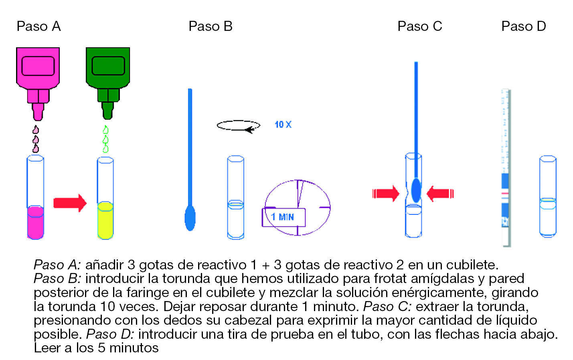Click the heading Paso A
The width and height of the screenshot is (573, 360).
[38, 26]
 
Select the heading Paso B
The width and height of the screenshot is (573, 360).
[210, 26]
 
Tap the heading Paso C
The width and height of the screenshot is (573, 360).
[419, 26]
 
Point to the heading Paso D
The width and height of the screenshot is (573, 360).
[523, 26]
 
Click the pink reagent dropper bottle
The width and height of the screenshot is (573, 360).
[38, 72]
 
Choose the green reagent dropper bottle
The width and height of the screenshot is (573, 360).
[108, 72]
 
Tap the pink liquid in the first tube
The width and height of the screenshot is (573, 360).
[35, 222]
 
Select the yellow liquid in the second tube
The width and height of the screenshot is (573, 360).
[105, 220]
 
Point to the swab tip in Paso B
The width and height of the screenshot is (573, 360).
[190, 218]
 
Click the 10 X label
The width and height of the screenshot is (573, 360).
[283, 125]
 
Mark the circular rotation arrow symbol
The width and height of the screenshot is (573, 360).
[238, 125]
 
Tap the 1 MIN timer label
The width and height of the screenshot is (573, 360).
[283, 217]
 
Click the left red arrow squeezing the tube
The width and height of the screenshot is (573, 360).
[386, 194]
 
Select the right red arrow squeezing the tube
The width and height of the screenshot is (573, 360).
[440, 194]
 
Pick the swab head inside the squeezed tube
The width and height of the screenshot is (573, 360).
[416, 190]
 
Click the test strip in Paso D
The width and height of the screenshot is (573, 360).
[505, 168]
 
